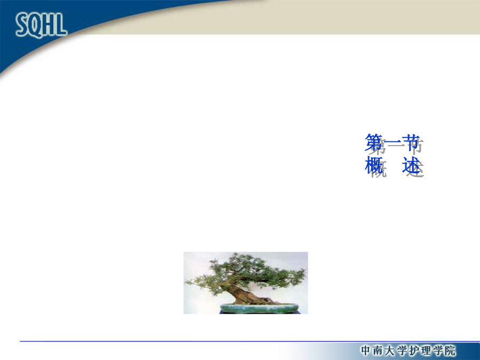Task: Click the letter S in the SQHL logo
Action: click(x=22, y=25)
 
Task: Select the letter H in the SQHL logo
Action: click(x=49, y=24)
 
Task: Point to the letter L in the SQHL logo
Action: click(x=61, y=24)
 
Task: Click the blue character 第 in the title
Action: click(x=374, y=142)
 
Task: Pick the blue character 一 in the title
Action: click(x=392, y=142)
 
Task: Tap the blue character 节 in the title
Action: click(x=411, y=142)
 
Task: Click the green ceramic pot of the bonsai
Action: click(x=259, y=308)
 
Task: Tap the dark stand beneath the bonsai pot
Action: click(x=259, y=312)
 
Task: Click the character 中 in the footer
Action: click(x=365, y=350)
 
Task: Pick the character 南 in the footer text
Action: click(x=378, y=350)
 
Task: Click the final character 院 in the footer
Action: click(x=451, y=350)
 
